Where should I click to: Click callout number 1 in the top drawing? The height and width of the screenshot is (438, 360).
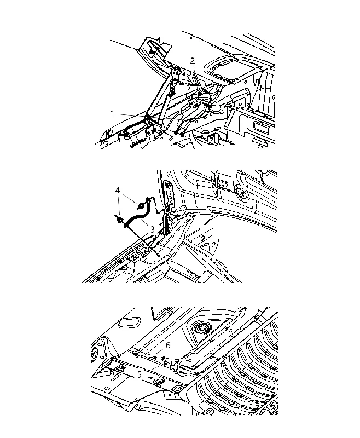click(x=112, y=113)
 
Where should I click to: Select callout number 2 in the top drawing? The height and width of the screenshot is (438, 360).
click(x=193, y=61)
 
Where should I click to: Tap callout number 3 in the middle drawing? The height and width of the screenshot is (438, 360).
click(x=152, y=229)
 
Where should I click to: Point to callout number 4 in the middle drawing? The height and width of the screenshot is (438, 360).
click(x=118, y=191)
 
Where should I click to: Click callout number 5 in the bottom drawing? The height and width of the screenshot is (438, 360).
click(x=140, y=374)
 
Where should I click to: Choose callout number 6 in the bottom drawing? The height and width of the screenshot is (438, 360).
click(x=168, y=345)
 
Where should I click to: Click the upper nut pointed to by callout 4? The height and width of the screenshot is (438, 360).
click(x=142, y=206)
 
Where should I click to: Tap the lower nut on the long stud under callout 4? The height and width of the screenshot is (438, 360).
click(x=120, y=220)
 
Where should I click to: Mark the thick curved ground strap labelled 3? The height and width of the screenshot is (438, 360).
click(x=137, y=216)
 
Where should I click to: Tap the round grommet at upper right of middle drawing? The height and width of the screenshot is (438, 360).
click(x=240, y=193)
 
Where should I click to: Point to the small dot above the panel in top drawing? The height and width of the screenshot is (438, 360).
click(x=190, y=38)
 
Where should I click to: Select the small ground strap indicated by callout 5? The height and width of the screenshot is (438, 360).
click(x=167, y=362)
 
